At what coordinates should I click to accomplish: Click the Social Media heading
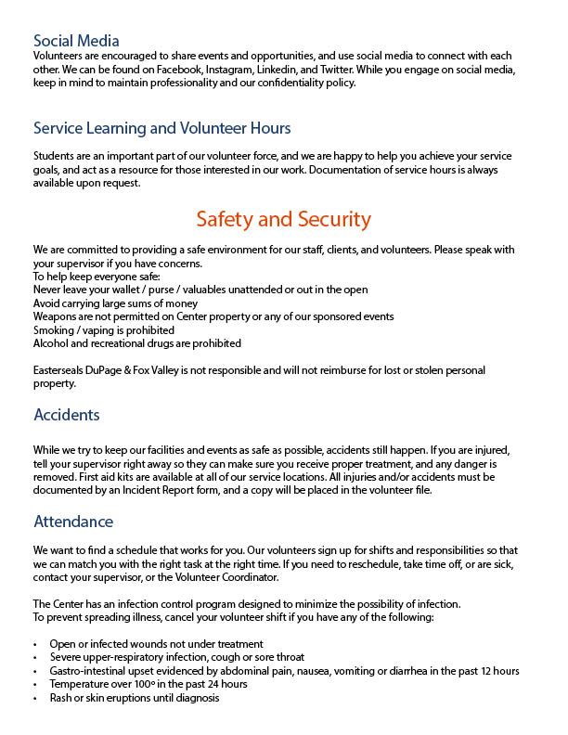tap(76, 41)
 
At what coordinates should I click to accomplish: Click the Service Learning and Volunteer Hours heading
tap(161, 128)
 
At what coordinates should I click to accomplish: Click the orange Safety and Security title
tap(283, 220)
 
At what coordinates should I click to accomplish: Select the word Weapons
tap(58, 316)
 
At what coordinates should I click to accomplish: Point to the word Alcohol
tap(53, 343)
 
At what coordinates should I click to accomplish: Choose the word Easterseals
tap(63, 371)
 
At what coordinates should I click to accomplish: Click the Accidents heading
tap(67, 415)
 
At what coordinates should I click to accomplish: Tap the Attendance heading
tap(73, 522)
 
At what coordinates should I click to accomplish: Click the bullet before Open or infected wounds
tap(35, 644)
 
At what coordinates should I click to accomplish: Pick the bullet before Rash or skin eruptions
tap(35, 698)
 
